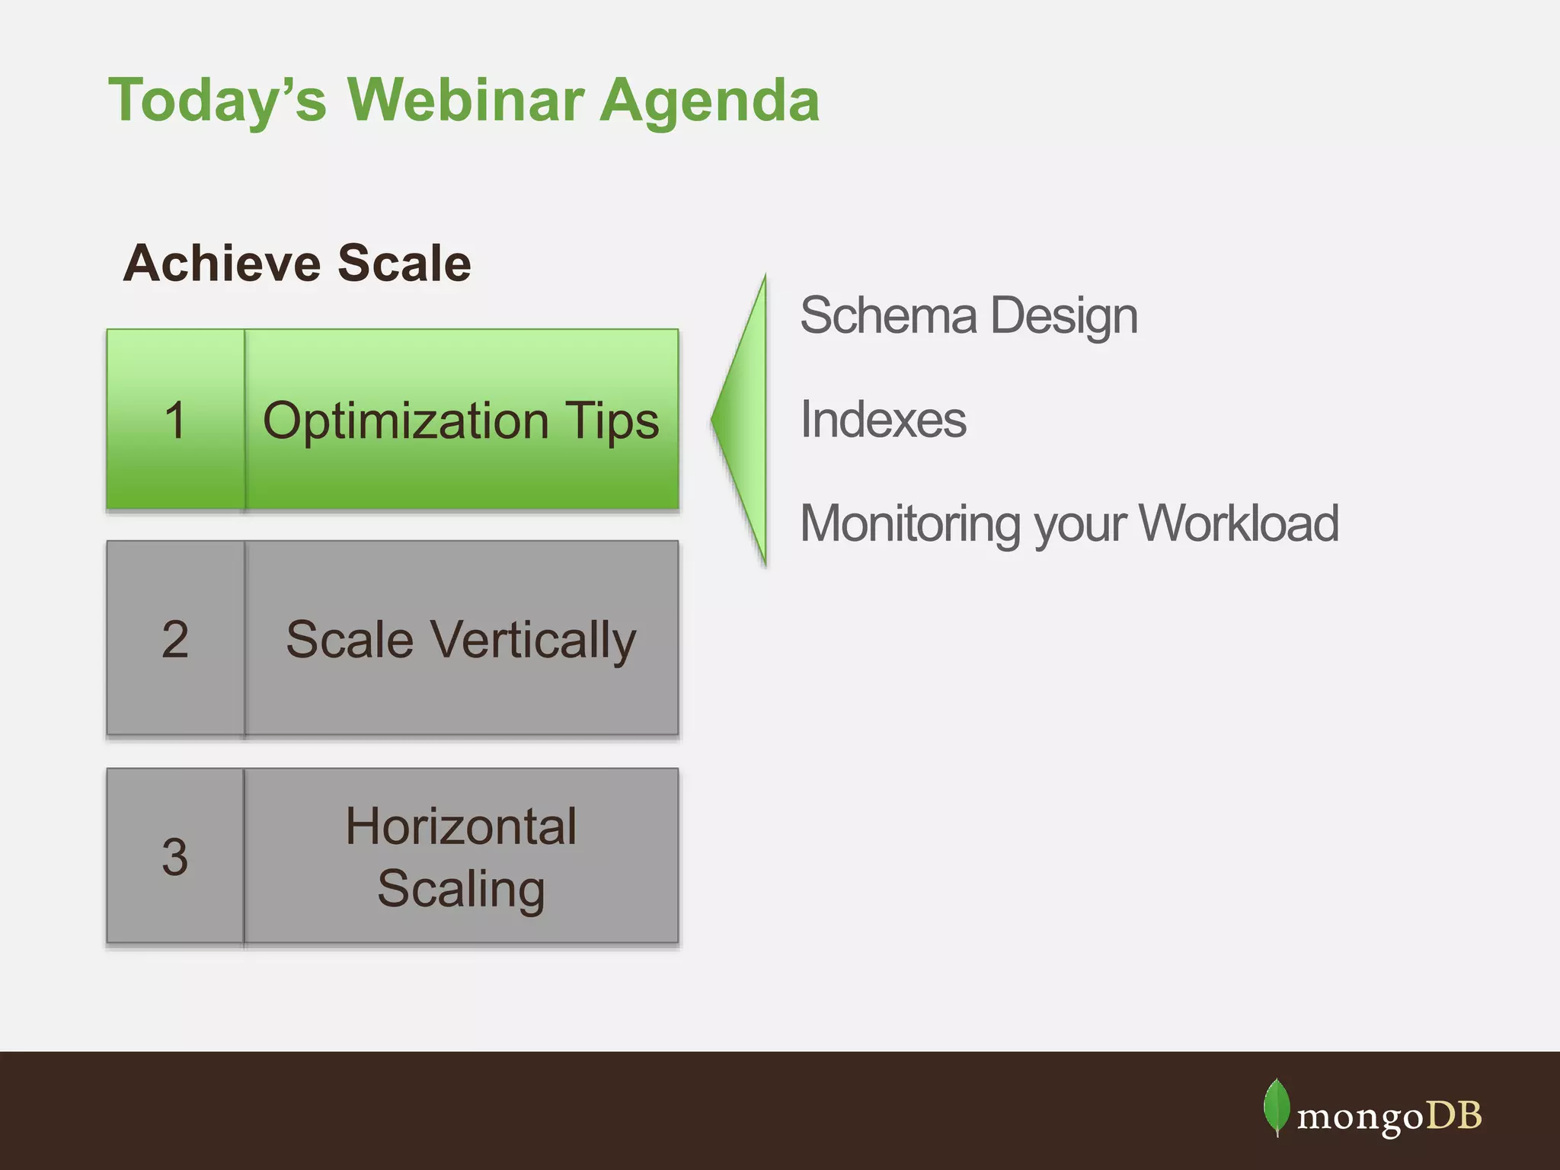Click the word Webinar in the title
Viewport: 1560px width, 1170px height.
466,99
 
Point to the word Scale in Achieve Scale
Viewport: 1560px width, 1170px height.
404,263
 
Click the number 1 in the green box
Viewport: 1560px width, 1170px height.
175,420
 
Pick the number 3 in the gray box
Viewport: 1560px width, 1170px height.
175,856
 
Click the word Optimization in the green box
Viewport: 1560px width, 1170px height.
405,421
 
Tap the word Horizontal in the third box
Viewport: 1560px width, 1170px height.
461,826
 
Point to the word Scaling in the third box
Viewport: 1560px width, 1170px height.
461,890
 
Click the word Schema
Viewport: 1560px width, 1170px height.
888,315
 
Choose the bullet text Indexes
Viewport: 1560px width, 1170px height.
883,419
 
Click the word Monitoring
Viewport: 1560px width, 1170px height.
910,525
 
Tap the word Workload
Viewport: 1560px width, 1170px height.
1239,523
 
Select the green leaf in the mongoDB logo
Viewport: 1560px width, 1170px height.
1277,1107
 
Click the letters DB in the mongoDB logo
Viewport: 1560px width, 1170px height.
1453,1115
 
